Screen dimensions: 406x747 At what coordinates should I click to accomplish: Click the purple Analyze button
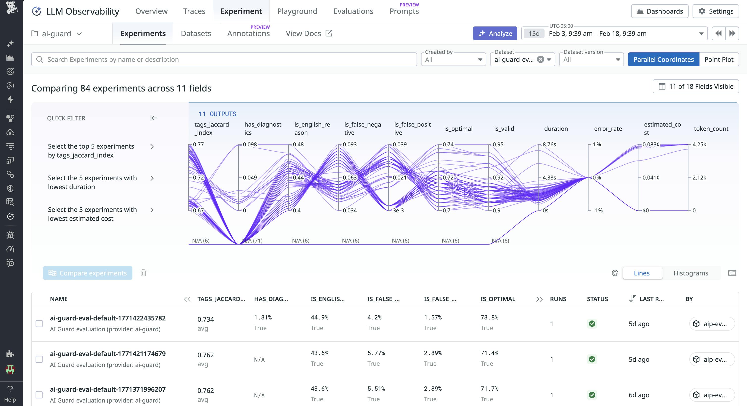tap(495, 34)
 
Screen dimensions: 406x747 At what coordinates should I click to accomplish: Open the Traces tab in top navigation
tap(194, 11)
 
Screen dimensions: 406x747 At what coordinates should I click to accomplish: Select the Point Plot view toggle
tap(719, 59)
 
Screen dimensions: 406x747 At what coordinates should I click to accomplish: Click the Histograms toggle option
tap(691, 273)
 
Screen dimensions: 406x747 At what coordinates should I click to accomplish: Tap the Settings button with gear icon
tap(715, 11)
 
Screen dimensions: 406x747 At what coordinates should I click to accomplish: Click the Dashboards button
tap(659, 11)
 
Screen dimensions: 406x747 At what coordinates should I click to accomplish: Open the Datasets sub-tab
tap(196, 34)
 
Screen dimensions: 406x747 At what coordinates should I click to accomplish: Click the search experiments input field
tap(223, 59)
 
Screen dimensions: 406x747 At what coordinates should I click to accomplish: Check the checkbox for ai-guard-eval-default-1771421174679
tap(39, 359)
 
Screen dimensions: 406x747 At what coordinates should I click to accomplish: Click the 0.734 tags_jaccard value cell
tap(206, 319)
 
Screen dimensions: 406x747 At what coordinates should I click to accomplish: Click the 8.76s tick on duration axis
tap(549, 144)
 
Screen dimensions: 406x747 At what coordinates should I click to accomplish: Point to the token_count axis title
tap(711, 129)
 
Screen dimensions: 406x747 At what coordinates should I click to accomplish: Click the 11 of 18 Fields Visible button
tap(695, 86)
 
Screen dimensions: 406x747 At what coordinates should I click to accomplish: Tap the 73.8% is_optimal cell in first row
tap(489, 317)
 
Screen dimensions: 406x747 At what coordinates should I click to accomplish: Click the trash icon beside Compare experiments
tap(143, 273)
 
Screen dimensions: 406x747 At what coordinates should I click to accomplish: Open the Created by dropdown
tap(453, 59)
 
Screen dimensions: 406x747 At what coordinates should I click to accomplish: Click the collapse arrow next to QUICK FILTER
tap(154, 118)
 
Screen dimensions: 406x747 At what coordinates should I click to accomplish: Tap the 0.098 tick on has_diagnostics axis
tap(250, 144)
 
